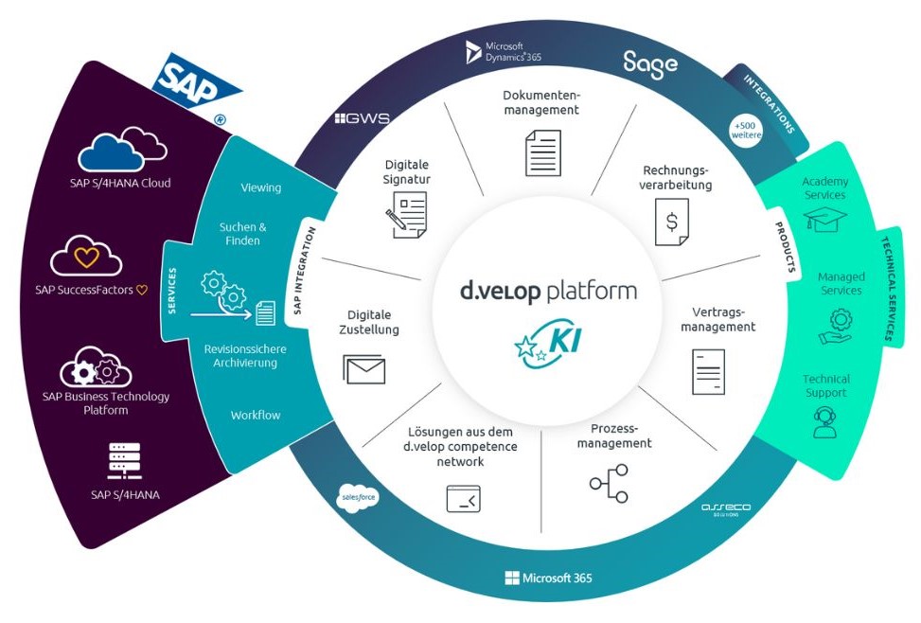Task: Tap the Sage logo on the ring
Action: [650, 63]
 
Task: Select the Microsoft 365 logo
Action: [549, 578]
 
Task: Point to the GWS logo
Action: [362, 119]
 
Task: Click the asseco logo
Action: [725, 508]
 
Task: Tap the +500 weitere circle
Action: [745, 130]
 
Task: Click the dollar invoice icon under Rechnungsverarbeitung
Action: [672, 223]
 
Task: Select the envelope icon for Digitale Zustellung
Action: [364, 368]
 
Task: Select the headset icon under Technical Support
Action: [825, 421]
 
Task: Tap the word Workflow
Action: [256, 415]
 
